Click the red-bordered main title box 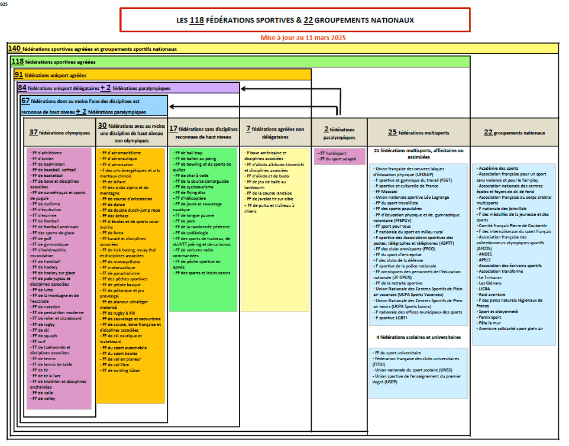[295, 20]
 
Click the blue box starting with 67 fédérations [94, 105]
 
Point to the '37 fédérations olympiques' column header [60, 132]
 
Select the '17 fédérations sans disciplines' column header [203, 132]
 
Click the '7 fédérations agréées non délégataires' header [275, 132]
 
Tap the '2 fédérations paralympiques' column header [340, 132]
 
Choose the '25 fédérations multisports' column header [419, 132]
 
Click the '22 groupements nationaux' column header [514, 132]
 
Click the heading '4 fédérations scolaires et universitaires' [418, 337]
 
